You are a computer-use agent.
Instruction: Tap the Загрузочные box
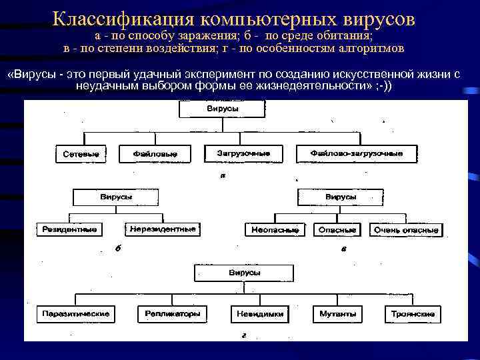(x=243, y=153)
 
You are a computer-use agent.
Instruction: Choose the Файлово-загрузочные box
(x=357, y=153)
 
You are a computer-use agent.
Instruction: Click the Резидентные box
(x=69, y=229)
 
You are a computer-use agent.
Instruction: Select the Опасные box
(x=337, y=230)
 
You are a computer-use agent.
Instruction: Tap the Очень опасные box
(x=405, y=230)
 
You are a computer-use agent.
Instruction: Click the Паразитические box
(x=75, y=313)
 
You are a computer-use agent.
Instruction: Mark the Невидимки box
(x=260, y=313)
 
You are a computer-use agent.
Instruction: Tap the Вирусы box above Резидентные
(x=116, y=197)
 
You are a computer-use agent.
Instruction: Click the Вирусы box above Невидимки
(x=244, y=273)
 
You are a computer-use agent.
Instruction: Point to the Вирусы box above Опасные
(x=340, y=197)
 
